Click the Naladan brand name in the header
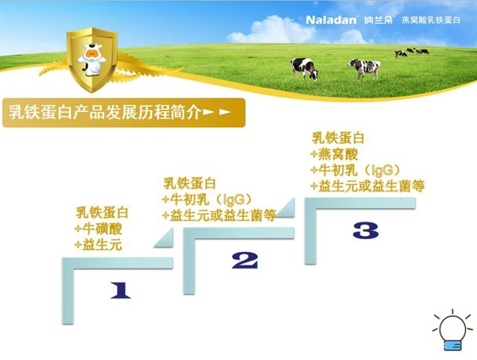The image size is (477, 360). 333,17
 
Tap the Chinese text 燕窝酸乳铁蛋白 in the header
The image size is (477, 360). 430,17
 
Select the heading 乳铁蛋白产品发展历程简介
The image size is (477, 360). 103,111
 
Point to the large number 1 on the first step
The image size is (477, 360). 119,291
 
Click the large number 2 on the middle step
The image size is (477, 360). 245,260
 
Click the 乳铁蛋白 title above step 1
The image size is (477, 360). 102,213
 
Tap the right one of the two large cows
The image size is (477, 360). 364,68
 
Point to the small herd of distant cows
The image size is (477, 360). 411,52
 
